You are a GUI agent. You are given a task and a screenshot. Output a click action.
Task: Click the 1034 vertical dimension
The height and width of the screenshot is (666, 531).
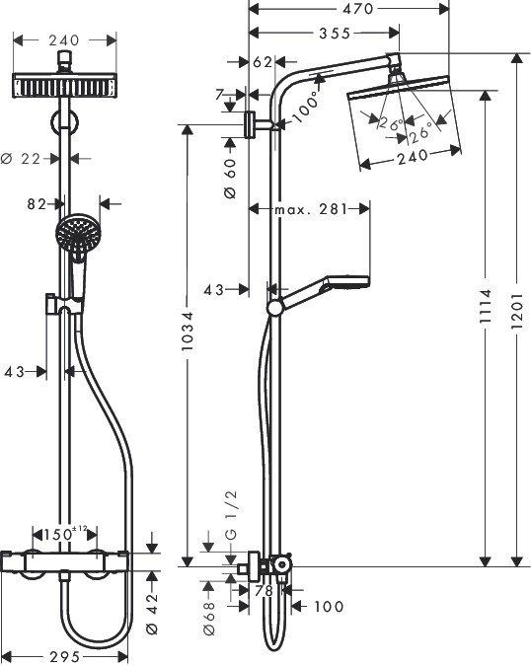click(x=188, y=335)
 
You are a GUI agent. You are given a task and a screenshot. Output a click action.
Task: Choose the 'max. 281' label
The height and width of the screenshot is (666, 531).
click(x=309, y=208)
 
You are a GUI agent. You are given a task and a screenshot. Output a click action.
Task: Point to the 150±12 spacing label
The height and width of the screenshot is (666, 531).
click(x=71, y=533)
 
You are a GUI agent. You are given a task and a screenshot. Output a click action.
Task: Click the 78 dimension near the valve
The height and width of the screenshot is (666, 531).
click(x=264, y=590)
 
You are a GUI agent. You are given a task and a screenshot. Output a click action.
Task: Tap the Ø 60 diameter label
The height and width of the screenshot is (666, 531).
click(x=230, y=179)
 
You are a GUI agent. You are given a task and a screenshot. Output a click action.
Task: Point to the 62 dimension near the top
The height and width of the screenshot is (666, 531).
click(x=262, y=61)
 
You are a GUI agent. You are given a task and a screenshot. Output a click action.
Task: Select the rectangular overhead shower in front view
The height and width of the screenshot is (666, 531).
click(x=65, y=85)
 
